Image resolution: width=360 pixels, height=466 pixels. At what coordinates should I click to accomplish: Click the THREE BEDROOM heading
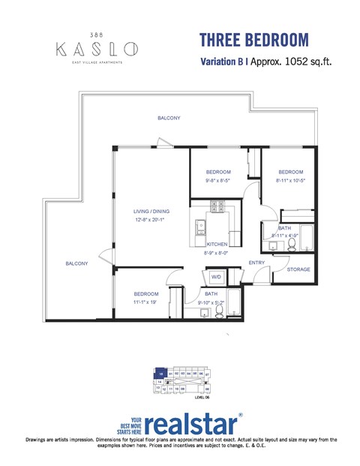click(253, 39)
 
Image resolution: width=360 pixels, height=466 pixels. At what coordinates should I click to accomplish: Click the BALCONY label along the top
click(168, 119)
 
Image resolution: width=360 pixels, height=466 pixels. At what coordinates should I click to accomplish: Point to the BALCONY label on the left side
click(76, 263)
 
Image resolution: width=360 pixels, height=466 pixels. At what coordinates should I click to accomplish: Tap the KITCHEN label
click(217, 245)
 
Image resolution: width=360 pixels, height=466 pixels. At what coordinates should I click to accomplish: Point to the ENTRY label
click(256, 263)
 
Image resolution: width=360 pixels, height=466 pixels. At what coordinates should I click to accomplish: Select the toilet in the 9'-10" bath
click(220, 310)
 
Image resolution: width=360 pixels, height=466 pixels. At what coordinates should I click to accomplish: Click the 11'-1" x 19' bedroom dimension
click(145, 302)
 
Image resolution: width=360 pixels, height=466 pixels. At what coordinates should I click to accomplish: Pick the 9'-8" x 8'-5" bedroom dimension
click(218, 181)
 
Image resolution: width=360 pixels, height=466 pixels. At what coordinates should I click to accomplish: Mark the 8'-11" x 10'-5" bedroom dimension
click(291, 181)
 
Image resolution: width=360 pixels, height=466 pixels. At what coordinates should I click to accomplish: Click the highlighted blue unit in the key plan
click(160, 372)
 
